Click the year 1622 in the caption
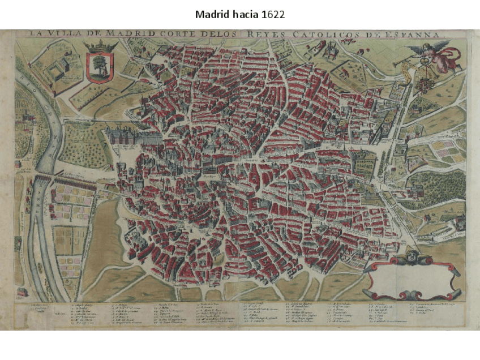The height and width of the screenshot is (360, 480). pyautogui.click(x=273, y=14)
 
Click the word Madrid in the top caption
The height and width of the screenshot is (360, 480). pyautogui.click(x=211, y=14)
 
